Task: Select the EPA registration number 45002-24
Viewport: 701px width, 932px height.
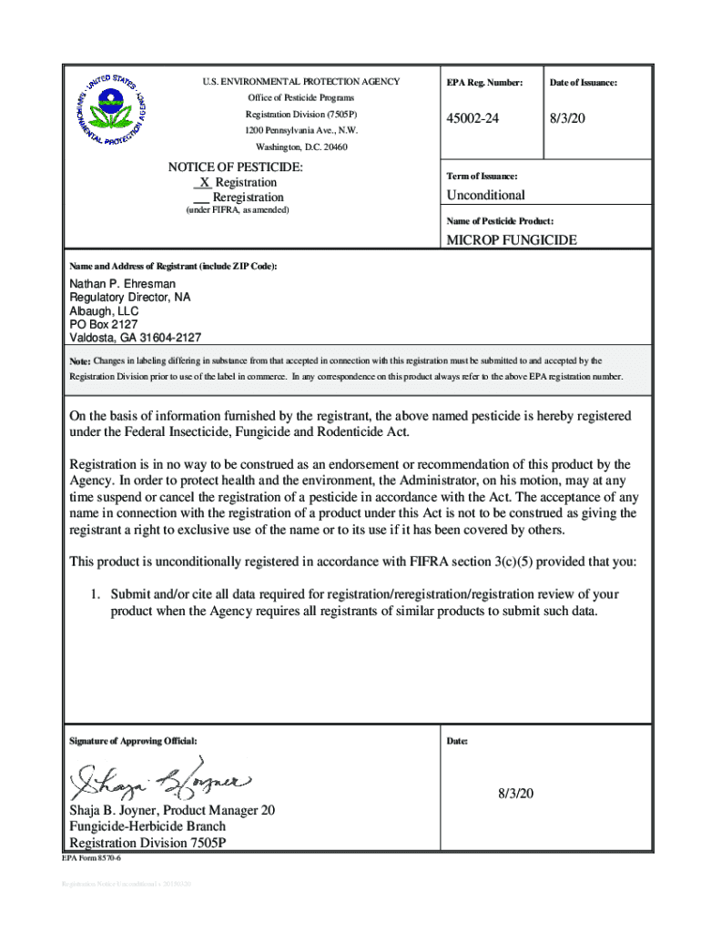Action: click(x=472, y=119)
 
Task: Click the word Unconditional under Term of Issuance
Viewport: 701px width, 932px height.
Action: click(x=485, y=196)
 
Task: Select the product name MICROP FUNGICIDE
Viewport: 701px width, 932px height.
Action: click(x=511, y=241)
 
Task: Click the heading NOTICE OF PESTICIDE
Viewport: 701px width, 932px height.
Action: click(x=235, y=167)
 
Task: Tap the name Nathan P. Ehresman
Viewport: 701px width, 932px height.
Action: click(x=123, y=284)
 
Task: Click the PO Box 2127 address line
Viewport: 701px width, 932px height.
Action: click(x=104, y=323)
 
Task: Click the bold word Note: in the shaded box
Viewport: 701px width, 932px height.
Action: click(x=80, y=361)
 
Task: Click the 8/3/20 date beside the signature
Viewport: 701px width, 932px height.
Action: click(x=514, y=794)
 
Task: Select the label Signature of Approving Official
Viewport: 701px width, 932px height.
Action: click(x=133, y=741)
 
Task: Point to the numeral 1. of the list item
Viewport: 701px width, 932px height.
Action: click(x=94, y=594)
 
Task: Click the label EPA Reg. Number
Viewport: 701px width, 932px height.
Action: click(x=484, y=83)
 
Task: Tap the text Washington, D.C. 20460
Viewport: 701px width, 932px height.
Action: click(x=301, y=147)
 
